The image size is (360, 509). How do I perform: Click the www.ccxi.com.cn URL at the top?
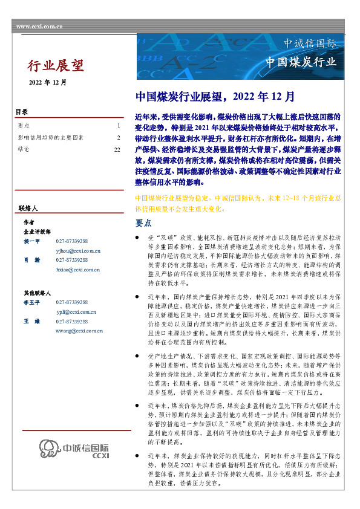(x=39, y=27)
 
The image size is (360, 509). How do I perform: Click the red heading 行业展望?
(x=56, y=65)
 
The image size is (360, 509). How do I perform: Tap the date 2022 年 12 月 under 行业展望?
(x=48, y=82)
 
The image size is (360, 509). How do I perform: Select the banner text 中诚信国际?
(x=310, y=44)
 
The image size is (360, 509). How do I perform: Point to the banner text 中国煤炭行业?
(x=301, y=62)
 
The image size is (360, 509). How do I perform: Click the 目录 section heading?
(x=22, y=112)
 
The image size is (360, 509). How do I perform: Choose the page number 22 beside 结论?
(x=117, y=148)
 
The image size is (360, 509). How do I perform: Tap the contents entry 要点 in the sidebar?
(x=24, y=126)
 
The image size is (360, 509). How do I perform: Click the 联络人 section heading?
(x=28, y=208)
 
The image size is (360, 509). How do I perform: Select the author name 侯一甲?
(x=31, y=241)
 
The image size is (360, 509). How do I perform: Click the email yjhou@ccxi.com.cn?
(x=77, y=250)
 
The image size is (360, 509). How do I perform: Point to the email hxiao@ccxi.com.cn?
(x=77, y=269)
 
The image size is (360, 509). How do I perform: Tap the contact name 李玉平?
(x=31, y=302)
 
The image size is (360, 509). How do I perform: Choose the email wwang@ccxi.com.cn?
(x=78, y=331)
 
